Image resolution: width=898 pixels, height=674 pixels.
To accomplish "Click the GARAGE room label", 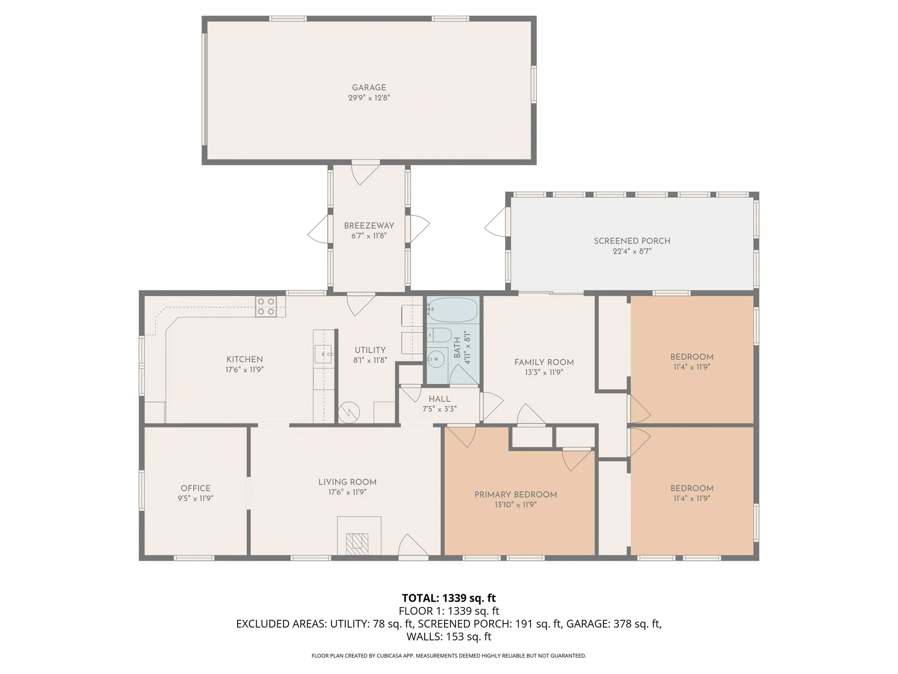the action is tap(369, 88).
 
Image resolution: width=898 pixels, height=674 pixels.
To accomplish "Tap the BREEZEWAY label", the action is tap(369, 226).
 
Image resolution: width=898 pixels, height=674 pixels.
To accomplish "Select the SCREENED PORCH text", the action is tap(632, 241).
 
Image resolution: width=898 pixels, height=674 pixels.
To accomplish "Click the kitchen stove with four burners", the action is tap(266, 307).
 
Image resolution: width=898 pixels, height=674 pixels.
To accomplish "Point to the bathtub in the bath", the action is tap(452, 309).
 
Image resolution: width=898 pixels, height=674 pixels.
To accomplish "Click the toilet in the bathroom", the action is tap(439, 335).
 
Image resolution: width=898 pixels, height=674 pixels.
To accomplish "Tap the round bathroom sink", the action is tap(436, 359).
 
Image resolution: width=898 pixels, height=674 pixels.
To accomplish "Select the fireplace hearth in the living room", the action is tap(359, 536).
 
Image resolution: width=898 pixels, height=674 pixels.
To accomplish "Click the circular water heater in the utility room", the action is tap(349, 412).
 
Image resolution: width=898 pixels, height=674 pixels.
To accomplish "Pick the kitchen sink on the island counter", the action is tap(323, 354).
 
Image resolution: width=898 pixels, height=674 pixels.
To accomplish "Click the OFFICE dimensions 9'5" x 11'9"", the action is tap(196, 499).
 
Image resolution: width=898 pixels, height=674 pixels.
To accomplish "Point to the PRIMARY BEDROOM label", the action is tap(515, 495).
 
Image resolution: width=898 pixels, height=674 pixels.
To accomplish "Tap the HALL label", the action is tap(440, 399).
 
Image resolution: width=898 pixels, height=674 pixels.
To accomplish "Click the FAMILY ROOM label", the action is tap(544, 362).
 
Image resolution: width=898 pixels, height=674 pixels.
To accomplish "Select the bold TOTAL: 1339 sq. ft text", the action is tap(449, 598).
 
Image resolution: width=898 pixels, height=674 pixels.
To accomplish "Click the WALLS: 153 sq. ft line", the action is tap(449, 637).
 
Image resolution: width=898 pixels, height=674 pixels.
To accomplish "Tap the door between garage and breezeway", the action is tap(365, 172).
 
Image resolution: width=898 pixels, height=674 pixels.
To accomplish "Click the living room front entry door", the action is tap(413, 547).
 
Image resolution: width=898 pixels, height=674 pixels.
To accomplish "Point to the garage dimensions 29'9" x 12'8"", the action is tap(369, 98).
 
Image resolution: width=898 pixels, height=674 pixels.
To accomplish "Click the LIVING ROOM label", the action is tap(347, 482).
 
